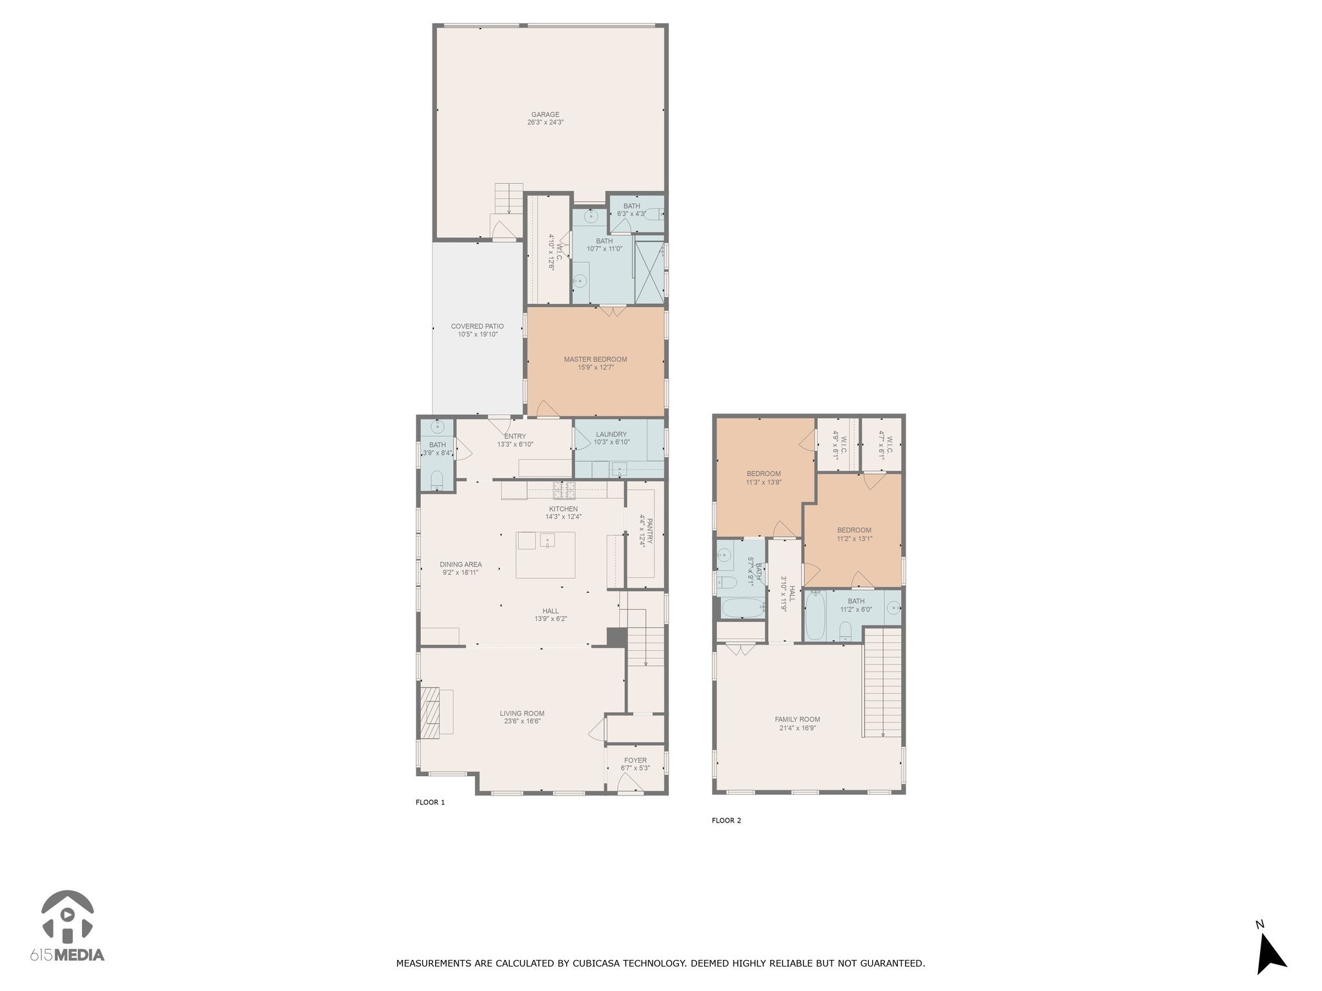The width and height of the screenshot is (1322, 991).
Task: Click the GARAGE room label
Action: click(x=545, y=115)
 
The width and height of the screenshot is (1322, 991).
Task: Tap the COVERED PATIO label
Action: click(x=477, y=326)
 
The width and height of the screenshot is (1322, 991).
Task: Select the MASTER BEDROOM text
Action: click(x=595, y=359)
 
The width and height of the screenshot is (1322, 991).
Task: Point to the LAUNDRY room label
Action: click(x=611, y=434)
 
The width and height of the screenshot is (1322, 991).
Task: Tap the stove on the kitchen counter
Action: click(x=564, y=490)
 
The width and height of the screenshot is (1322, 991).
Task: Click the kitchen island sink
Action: click(x=547, y=540)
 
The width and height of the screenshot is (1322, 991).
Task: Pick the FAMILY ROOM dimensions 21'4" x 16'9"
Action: click(x=797, y=728)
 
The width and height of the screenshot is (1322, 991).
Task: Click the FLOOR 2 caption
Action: click(x=726, y=821)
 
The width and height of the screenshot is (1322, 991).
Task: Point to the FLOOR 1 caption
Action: click(x=430, y=803)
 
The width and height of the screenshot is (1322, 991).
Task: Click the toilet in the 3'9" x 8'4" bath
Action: click(x=436, y=479)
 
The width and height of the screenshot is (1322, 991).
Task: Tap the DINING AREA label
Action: click(x=460, y=565)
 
